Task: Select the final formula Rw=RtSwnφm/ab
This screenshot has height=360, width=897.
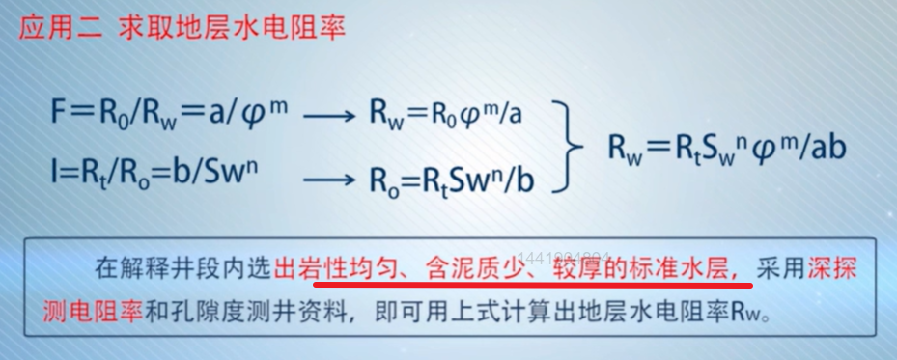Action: click(x=728, y=147)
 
